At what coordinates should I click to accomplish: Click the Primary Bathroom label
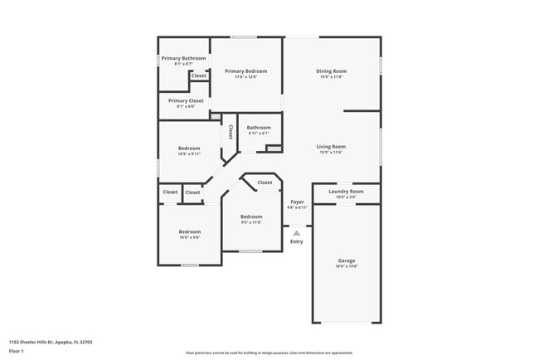pyautogui.click(x=183, y=58)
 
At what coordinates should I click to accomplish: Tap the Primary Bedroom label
pyautogui.click(x=246, y=71)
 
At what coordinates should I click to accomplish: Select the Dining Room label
pyautogui.click(x=331, y=71)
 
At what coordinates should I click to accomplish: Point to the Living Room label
pyautogui.click(x=331, y=147)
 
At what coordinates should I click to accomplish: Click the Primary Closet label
pyautogui.click(x=183, y=100)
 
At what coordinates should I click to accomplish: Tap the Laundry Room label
pyautogui.click(x=346, y=192)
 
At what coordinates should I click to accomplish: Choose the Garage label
pyautogui.click(x=346, y=260)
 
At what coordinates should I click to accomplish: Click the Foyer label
pyautogui.click(x=297, y=202)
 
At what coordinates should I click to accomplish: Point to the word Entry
pyautogui.click(x=297, y=241)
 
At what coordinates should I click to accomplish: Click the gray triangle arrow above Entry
pyautogui.click(x=297, y=233)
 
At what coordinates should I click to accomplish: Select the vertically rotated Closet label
pyautogui.click(x=231, y=133)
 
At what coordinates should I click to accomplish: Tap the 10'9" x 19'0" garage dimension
pyautogui.click(x=346, y=266)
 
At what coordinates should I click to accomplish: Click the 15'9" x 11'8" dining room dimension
pyautogui.click(x=331, y=77)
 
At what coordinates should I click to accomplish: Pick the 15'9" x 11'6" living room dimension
pyautogui.click(x=331, y=153)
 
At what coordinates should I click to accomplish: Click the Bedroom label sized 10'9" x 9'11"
pyautogui.click(x=189, y=148)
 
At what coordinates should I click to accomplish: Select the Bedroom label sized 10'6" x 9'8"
pyautogui.click(x=189, y=231)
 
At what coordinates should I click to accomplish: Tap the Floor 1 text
pyautogui.click(x=17, y=351)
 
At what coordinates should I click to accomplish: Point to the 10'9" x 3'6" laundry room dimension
pyautogui.click(x=346, y=197)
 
